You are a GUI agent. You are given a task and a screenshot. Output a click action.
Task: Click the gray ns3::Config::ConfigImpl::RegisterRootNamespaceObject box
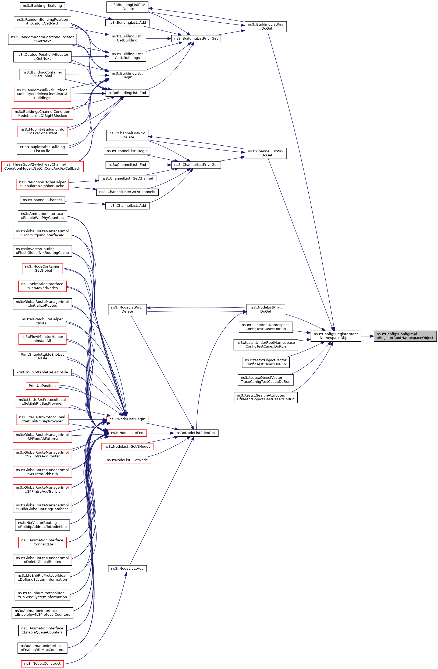(x=405, y=336)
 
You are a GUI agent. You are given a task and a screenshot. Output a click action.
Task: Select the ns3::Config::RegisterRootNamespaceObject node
(x=336, y=336)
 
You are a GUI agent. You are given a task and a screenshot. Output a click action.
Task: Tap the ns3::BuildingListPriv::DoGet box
(x=266, y=27)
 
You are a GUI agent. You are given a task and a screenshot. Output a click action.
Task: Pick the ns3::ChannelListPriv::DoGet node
(x=266, y=153)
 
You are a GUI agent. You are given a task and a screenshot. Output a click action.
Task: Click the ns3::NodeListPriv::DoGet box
(x=266, y=309)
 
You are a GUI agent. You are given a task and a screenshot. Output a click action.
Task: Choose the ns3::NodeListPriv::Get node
(x=196, y=433)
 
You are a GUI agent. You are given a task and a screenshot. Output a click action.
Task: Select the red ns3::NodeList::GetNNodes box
(x=127, y=446)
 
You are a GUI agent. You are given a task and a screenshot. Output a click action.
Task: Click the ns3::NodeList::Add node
(x=127, y=568)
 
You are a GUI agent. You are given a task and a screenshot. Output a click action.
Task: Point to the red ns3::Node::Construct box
(x=42, y=663)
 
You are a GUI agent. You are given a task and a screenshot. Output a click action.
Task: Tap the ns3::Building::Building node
(x=42, y=6)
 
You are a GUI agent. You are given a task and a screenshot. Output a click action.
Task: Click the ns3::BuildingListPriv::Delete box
(x=127, y=7)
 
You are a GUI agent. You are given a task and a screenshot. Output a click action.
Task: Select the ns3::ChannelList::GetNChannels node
(x=127, y=192)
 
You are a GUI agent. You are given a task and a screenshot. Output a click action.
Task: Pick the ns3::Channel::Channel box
(x=42, y=200)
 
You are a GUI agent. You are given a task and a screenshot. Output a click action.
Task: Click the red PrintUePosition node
(x=42, y=386)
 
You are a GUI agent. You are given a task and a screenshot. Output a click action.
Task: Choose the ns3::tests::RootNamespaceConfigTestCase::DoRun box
(x=266, y=327)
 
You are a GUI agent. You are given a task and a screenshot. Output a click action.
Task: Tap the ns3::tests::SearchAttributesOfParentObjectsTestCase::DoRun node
(x=266, y=397)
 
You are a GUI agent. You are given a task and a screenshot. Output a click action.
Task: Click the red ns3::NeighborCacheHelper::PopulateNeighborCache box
(x=42, y=184)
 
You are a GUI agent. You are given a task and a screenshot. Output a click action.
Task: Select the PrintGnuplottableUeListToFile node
(x=42, y=372)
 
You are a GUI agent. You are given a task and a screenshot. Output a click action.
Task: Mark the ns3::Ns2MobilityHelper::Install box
(x=42, y=321)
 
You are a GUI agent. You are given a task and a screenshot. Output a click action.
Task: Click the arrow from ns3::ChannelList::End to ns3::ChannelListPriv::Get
(x=160, y=165)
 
